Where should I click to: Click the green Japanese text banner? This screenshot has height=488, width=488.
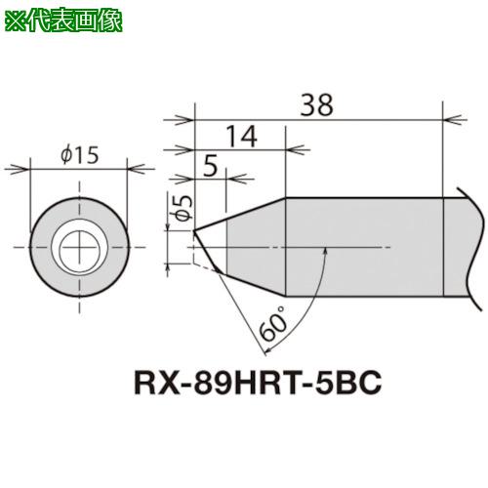pos(63,21)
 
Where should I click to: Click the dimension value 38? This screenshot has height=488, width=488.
pos(316,104)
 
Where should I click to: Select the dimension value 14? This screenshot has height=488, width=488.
pos(241,137)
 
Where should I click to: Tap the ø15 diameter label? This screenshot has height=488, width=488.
pos(80,154)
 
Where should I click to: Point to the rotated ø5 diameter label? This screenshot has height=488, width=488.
pos(184,209)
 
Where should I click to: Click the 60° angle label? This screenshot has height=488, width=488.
pos(272,323)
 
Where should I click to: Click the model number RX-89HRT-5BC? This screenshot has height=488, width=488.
pos(258,383)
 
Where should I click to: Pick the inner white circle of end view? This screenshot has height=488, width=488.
pos(79,248)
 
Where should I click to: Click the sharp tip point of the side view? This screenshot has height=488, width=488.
pos(194,231)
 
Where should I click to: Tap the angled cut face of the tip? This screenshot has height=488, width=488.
pos(206,252)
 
